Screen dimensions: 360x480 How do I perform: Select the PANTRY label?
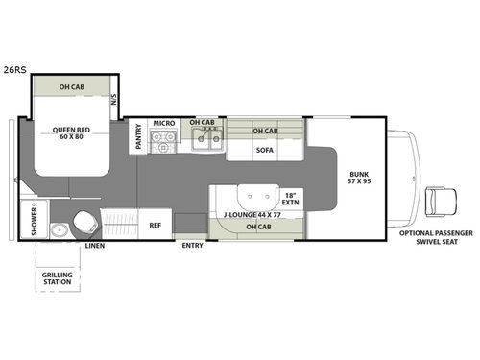point(139,133)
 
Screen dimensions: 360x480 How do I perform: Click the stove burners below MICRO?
point(164,144)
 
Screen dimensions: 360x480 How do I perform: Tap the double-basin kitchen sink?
point(204,143)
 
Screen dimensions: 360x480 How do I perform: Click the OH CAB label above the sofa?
point(265,131)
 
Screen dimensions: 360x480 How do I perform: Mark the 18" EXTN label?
point(291,199)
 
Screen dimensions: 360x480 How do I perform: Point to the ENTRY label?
point(192,246)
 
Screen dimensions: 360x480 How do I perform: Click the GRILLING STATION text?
point(57,279)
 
